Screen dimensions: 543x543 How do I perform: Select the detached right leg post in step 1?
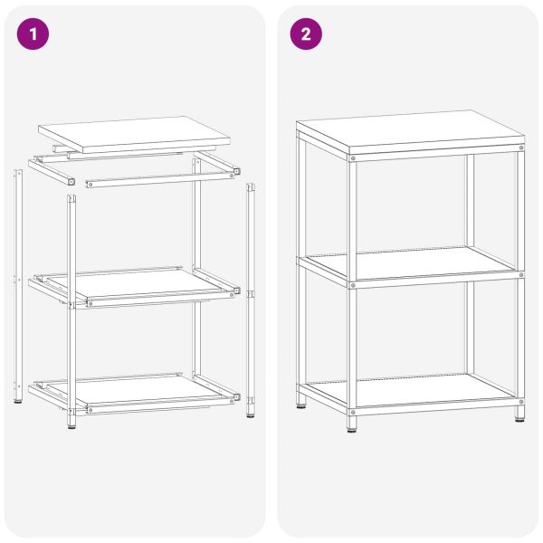251,299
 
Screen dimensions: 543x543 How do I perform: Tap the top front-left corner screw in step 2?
352,158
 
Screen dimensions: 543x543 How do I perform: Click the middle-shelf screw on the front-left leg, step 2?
352,283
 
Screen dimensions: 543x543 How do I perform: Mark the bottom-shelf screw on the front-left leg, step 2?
352,408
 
